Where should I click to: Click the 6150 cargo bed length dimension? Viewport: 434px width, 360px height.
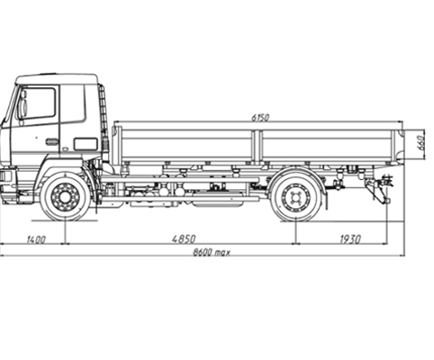click(x=260, y=118)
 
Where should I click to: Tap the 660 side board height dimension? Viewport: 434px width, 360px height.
click(x=421, y=143)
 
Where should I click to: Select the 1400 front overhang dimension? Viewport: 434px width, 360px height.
click(x=36, y=239)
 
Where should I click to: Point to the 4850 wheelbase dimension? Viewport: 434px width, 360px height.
click(x=184, y=239)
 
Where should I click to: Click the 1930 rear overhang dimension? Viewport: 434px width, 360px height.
click(x=350, y=239)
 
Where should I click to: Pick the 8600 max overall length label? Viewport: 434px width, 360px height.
click(x=212, y=252)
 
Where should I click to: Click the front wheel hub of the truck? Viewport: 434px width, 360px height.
click(x=65, y=197)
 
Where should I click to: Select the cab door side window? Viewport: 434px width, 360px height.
click(x=36, y=103)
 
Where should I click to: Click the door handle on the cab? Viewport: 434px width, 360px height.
click(x=51, y=141)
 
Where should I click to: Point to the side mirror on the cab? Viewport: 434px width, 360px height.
click(x=23, y=105)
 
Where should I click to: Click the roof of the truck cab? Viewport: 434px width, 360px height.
click(x=57, y=78)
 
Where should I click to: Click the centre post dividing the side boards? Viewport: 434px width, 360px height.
click(x=256, y=147)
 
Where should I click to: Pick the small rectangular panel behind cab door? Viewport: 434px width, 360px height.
click(x=86, y=144)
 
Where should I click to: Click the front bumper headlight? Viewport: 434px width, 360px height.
click(x=5, y=176)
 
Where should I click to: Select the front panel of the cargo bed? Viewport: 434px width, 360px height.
click(x=117, y=145)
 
